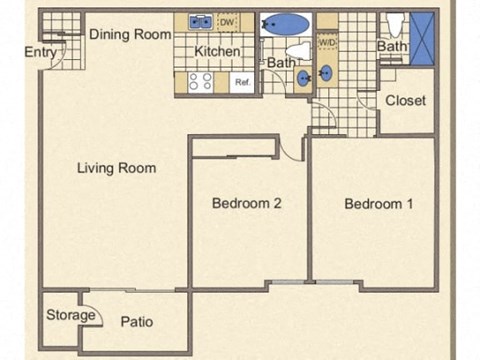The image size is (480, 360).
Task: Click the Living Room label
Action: click(116, 168)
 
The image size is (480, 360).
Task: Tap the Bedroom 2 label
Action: click(246, 204)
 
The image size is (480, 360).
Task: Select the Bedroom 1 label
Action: click(378, 204)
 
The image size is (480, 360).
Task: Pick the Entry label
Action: click(39, 52)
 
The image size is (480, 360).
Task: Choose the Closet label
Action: click(405, 100)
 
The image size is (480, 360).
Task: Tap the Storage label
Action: click(70, 316)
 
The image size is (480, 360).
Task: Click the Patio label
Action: click(136, 322)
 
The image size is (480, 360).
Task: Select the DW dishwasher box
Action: click(227, 21)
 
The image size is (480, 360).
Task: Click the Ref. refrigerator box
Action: click(241, 83)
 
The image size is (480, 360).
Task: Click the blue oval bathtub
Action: click(287, 22)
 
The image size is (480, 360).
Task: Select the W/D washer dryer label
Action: click(327, 43)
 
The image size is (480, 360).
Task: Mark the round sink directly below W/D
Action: click(328, 73)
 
